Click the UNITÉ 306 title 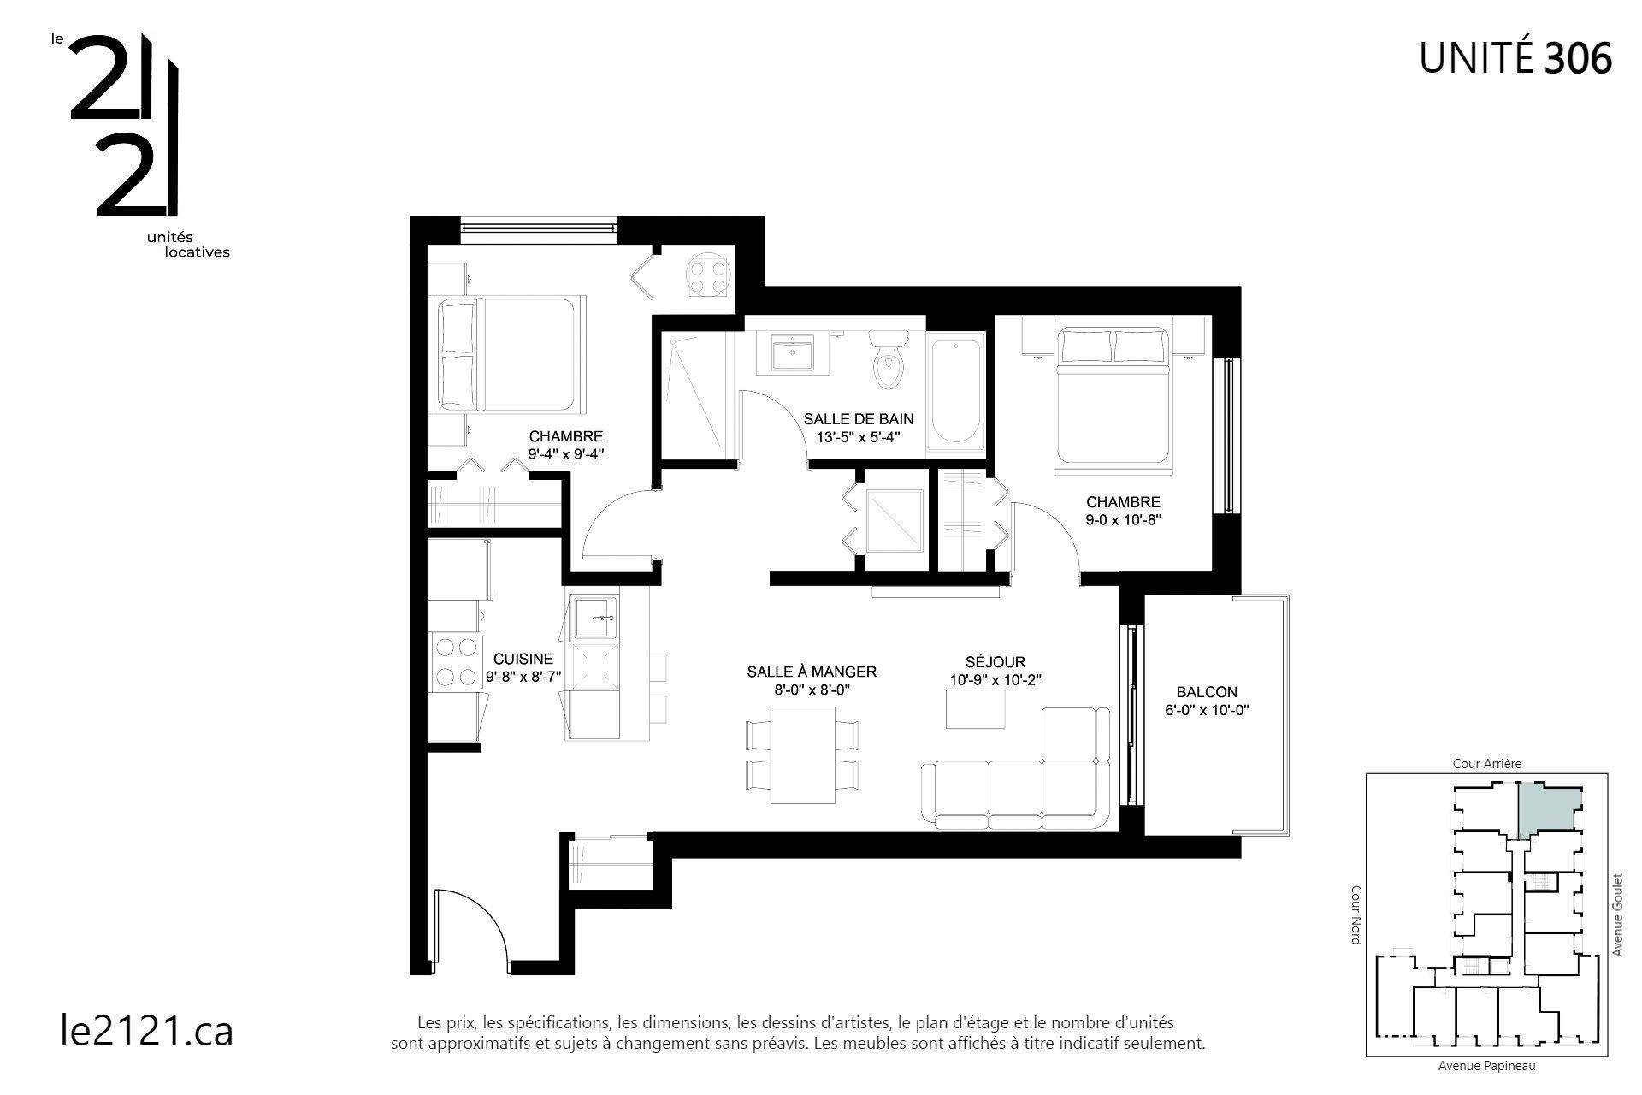[x=1515, y=57]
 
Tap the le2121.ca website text [x=147, y=1030]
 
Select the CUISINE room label [x=523, y=659]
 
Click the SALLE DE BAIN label [x=858, y=418]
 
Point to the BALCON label [x=1206, y=692]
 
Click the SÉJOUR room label [x=995, y=662]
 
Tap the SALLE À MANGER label [x=812, y=672]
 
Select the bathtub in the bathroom [x=954, y=390]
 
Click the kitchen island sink [x=595, y=617]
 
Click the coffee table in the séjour [x=976, y=709]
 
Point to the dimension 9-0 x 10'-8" [x=1123, y=518]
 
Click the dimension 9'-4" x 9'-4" [x=566, y=454]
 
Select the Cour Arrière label [x=1487, y=764]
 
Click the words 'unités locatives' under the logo [x=187, y=245]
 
